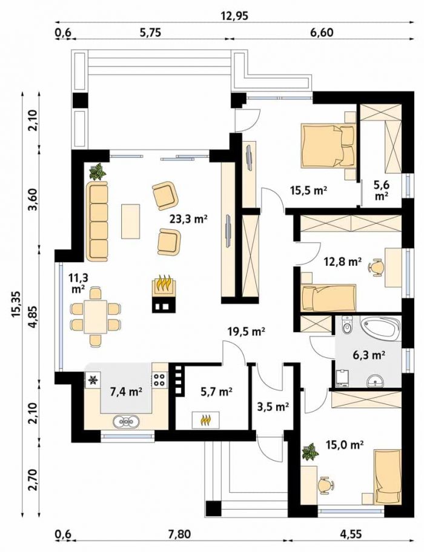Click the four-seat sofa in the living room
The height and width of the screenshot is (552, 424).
coord(97,222)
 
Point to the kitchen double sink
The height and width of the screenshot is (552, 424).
coord(126,421)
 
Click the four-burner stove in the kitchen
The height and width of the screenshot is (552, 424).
coord(159,378)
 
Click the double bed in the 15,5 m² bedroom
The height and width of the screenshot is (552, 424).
coord(327,145)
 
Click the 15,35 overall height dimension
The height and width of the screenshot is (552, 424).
coord(16,304)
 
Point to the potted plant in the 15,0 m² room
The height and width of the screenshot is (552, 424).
coord(310,452)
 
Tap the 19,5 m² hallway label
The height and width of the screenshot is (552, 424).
coord(246,332)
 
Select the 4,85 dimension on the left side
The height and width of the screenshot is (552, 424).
coord(34,317)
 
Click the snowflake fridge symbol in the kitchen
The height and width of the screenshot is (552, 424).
coord(93,380)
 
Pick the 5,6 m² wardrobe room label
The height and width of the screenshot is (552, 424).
coord(382,191)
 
